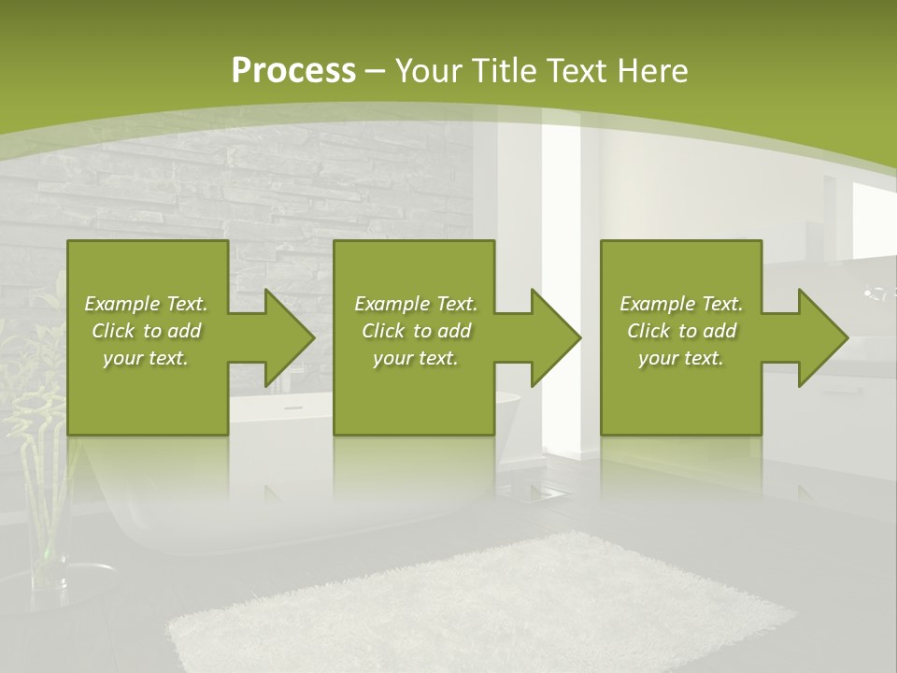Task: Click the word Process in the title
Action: (x=292, y=70)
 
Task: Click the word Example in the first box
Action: (x=121, y=304)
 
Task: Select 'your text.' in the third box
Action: (x=681, y=358)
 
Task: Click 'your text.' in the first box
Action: (x=146, y=358)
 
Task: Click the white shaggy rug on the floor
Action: (x=477, y=608)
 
